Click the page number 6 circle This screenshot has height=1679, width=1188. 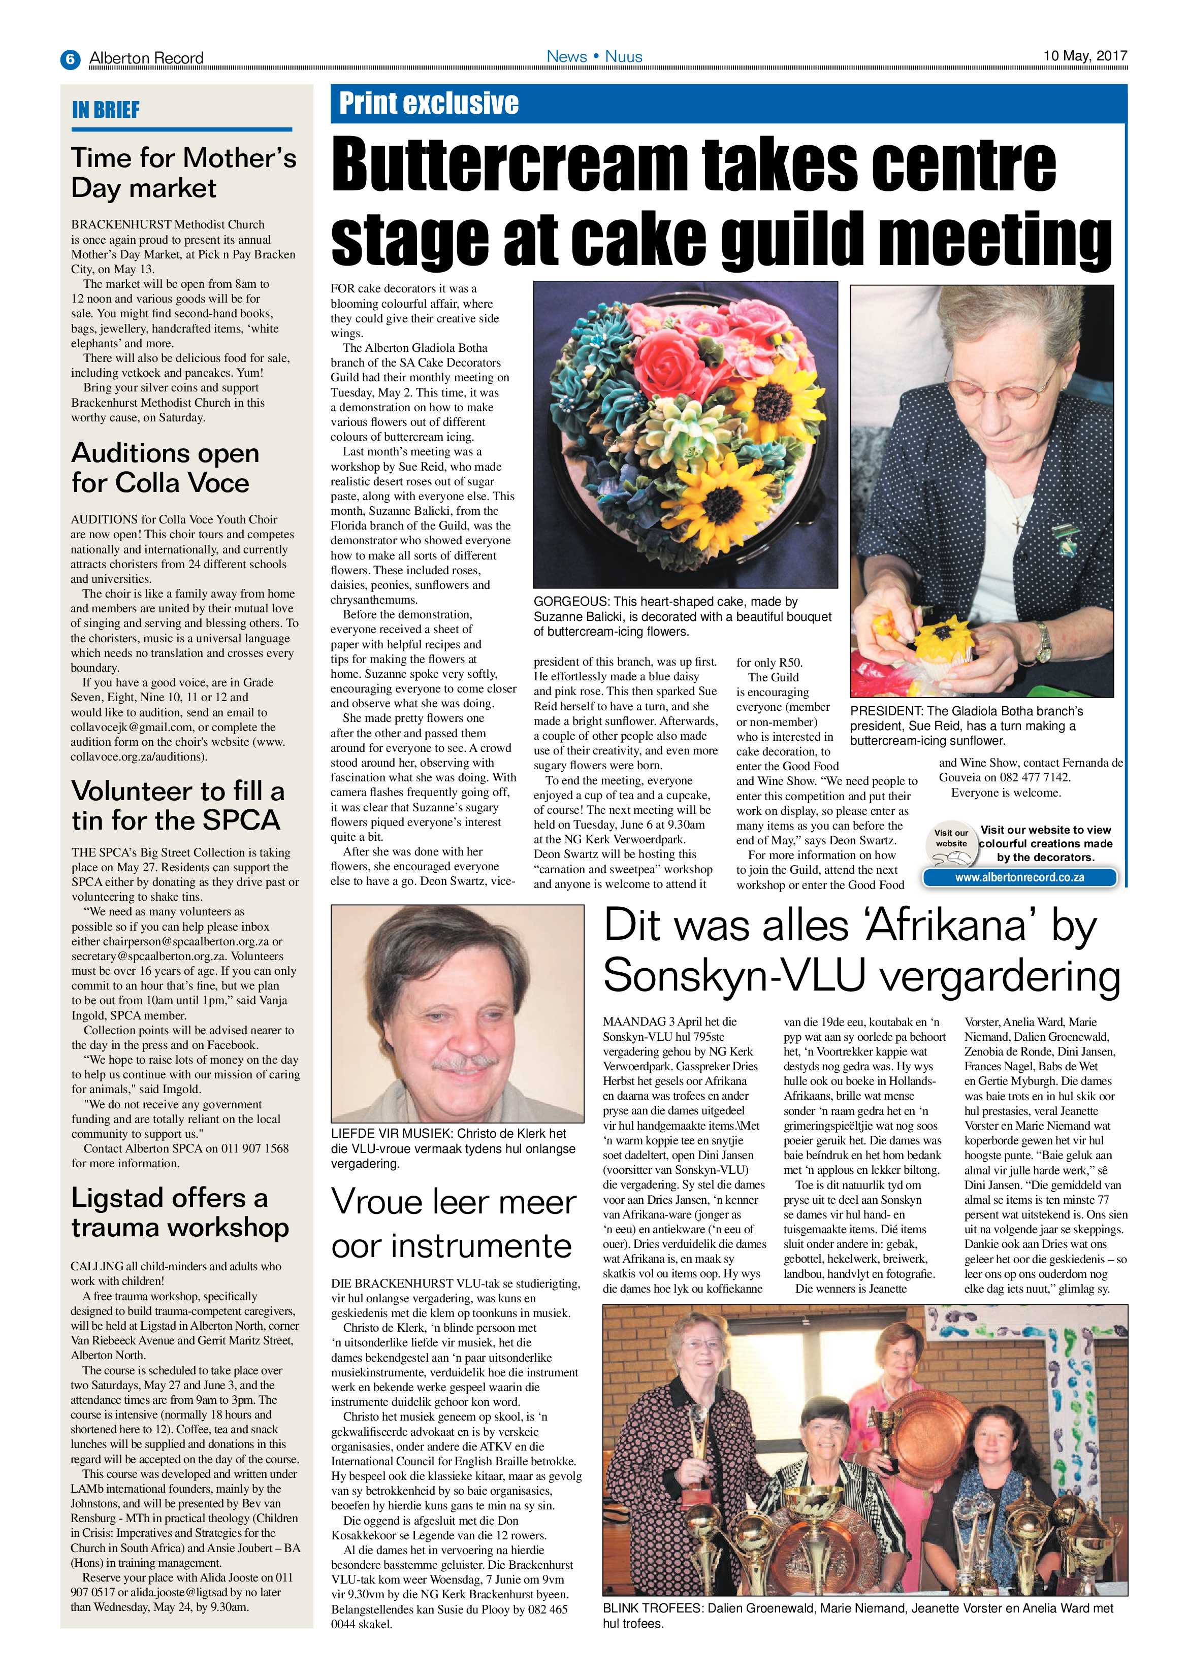coord(70,58)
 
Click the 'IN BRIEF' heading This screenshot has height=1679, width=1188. coord(106,110)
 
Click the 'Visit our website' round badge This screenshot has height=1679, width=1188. coord(951,839)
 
